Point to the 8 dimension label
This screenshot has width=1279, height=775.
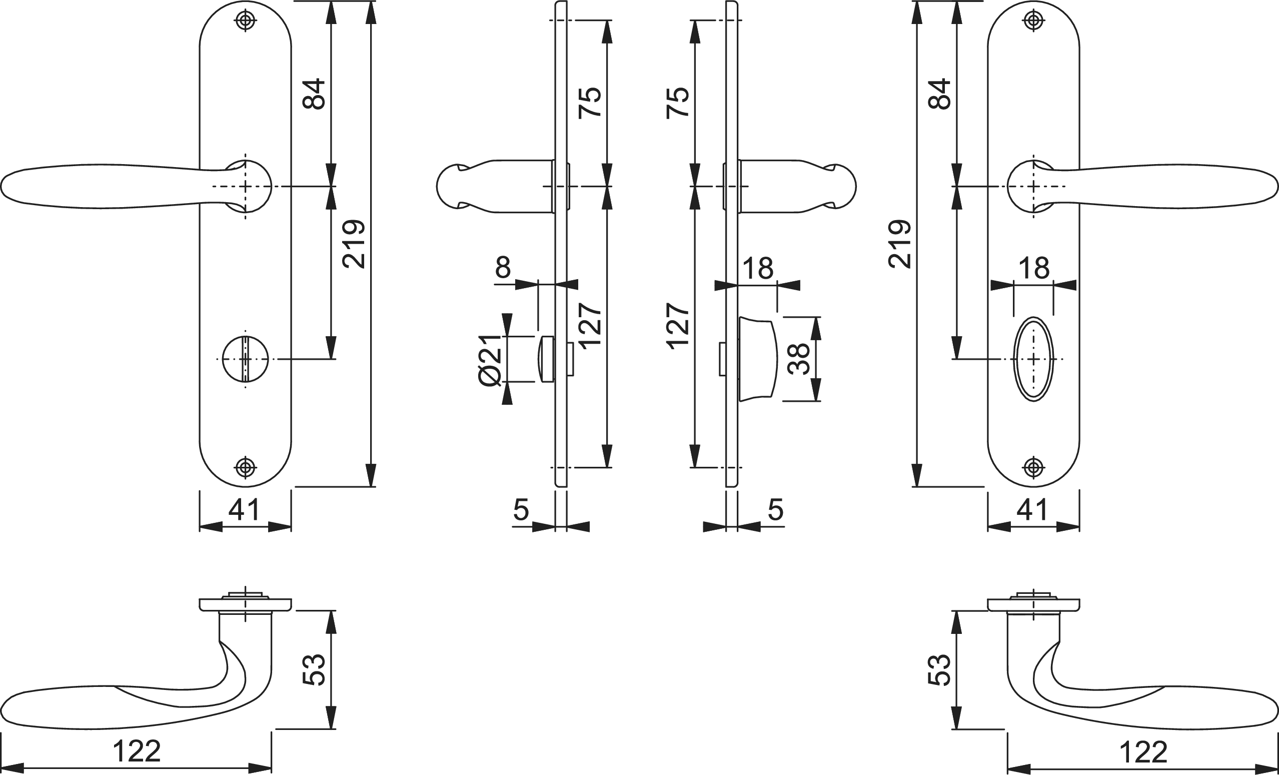point(503,268)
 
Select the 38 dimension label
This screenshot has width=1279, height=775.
point(798,359)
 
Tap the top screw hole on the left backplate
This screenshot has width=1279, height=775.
point(245,21)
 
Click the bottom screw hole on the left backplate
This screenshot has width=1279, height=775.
point(245,468)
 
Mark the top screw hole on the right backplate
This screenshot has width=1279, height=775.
point(1033,21)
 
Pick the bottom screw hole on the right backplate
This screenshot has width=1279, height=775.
point(1033,468)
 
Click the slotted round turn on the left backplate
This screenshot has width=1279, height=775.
point(245,359)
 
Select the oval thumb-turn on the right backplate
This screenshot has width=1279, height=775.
point(1033,359)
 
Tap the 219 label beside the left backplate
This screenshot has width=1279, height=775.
point(355,244)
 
